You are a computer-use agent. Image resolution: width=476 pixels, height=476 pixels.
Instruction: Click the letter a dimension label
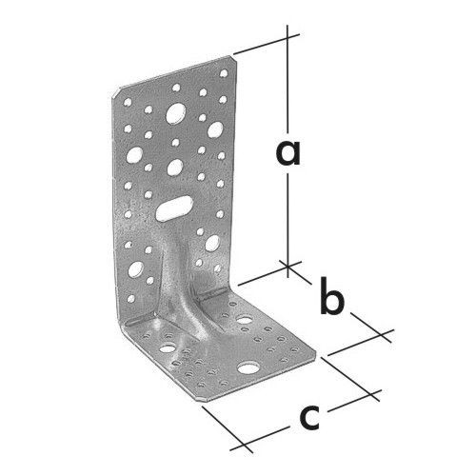(288, 153)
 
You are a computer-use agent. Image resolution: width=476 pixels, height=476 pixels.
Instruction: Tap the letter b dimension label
(332, 295)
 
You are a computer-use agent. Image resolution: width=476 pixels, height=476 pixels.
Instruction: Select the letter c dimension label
(310, 417)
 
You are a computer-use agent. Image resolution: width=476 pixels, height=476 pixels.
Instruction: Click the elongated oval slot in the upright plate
(174, 208)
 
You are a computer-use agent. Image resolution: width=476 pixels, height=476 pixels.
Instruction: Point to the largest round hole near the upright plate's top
(176, 113)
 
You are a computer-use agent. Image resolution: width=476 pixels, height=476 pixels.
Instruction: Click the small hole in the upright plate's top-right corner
(224, 73)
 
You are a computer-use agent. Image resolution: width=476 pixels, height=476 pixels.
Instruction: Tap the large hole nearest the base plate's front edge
(248, 367)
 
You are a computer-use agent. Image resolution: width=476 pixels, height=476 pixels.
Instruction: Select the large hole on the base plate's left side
(168, 348)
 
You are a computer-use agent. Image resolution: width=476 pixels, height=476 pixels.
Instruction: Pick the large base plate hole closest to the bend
(245, 319)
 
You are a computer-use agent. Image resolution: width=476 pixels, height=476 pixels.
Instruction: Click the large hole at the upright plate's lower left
(135, 269)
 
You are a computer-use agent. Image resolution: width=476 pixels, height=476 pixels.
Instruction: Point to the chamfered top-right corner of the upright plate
(233, 59)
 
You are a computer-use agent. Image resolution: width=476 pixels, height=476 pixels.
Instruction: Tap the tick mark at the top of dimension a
(288, 38)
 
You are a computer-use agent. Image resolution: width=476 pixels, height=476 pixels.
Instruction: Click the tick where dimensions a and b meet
(288, 264)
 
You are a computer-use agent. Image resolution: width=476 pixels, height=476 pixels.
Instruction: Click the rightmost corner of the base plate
(316, 351)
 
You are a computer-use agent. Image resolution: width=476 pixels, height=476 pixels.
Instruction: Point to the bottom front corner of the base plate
(203, 401)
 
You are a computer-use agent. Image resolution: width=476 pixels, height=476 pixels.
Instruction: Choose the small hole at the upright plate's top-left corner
(128, 102)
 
